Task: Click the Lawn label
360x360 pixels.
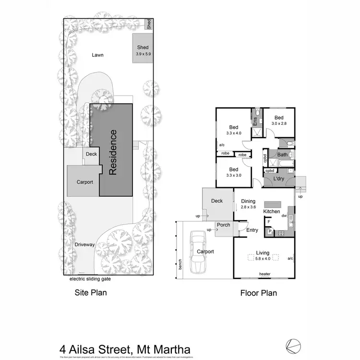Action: [98, 55]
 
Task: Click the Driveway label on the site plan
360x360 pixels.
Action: [84, 245]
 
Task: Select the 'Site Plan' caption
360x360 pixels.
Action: [90, 292]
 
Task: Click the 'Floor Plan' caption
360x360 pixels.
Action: [258, 292]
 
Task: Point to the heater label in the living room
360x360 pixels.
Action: [265, 274]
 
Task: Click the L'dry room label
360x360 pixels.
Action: [279, 179]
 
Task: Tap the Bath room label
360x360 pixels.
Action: [282, 155]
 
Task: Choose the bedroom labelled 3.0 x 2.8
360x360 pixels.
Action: [279, 120]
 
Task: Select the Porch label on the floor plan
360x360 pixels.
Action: [224, 225]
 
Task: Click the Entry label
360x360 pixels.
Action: [252, 230]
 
